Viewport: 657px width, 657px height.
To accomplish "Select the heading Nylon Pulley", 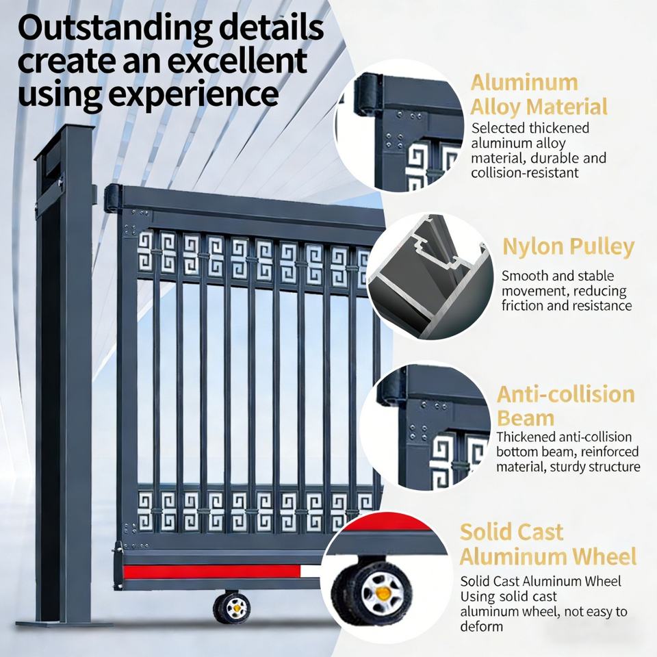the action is (568, 247).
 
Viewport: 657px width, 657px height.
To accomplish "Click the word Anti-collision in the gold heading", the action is (566, 394).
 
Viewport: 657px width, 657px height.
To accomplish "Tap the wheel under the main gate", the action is (232, 607).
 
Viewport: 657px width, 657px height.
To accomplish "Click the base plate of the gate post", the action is (64, 623).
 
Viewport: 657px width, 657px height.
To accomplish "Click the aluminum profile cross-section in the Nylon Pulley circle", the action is (430, 276).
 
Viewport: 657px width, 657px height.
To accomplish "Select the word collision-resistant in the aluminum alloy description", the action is (525, 172).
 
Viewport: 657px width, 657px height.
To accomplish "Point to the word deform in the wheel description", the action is (481, 626).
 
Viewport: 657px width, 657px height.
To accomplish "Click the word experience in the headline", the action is (194, 93).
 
